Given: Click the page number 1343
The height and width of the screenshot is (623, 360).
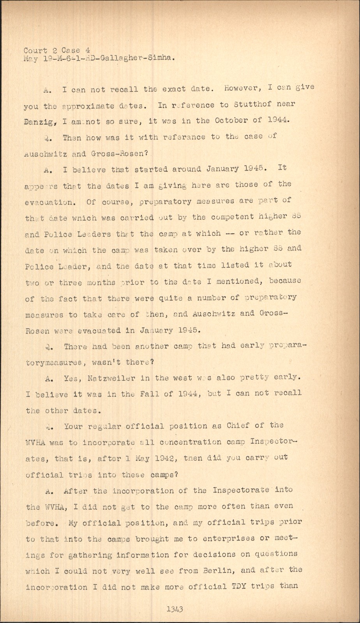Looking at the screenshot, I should [175, 609].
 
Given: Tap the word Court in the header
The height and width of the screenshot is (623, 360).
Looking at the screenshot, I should [35, 50].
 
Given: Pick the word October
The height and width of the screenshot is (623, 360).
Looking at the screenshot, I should [233, 120].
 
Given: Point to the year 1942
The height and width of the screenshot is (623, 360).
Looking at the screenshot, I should [163, 458].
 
